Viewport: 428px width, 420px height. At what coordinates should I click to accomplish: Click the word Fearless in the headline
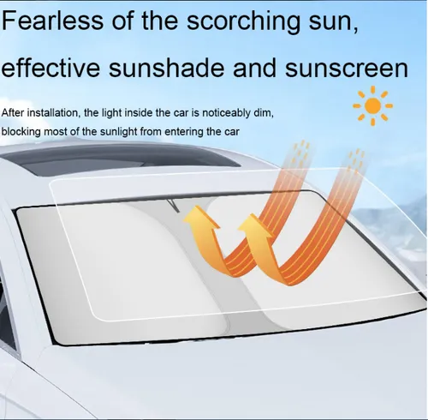(52, 20)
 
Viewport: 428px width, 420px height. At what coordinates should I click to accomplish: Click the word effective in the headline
(51, 67)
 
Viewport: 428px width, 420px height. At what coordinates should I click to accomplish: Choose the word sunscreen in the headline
(347, 69)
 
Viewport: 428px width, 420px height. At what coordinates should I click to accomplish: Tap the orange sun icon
(372, 105)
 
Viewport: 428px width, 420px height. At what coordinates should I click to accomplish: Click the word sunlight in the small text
(117, 132)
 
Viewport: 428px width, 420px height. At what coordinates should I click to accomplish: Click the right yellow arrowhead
(253, 225)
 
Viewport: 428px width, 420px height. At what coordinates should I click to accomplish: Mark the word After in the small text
(13, 113)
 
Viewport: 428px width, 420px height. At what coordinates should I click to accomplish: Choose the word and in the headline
(254, 67)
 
